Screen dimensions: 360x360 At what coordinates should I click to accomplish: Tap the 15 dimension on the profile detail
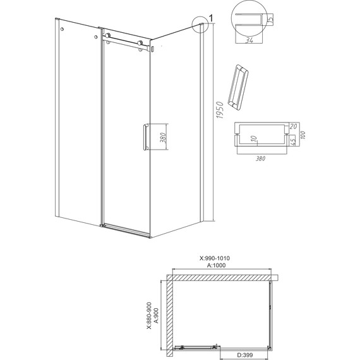tap(270, 23)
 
